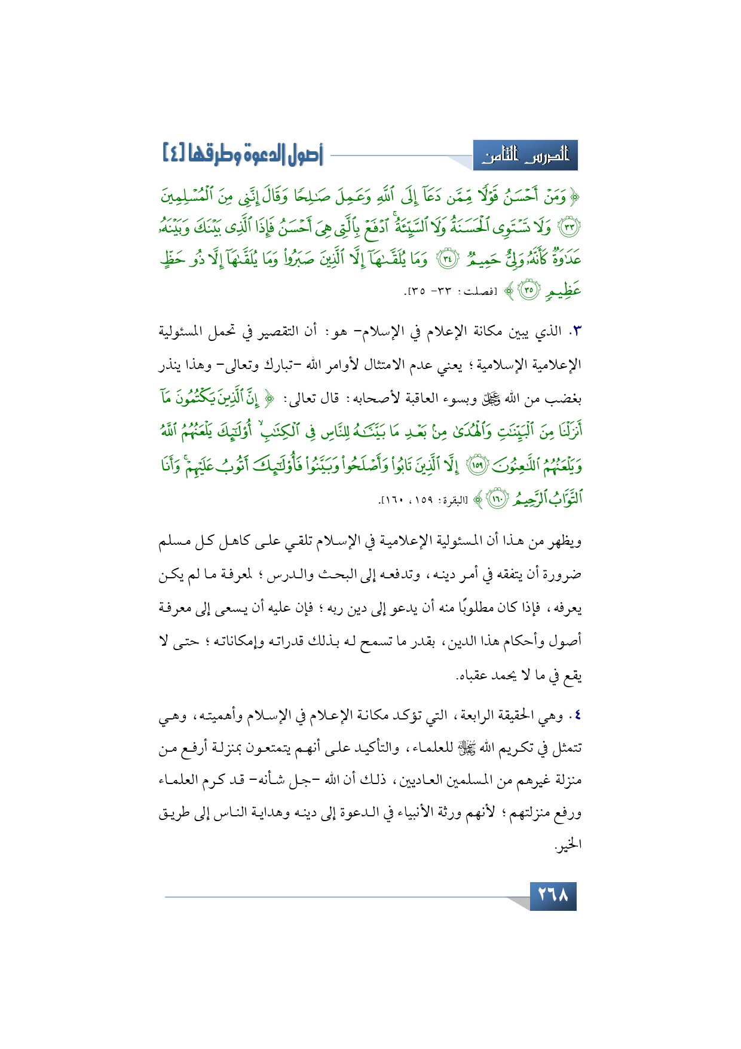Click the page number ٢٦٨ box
click(553, 896)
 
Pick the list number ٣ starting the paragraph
click(576, 331)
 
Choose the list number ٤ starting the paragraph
click(577, 715)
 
